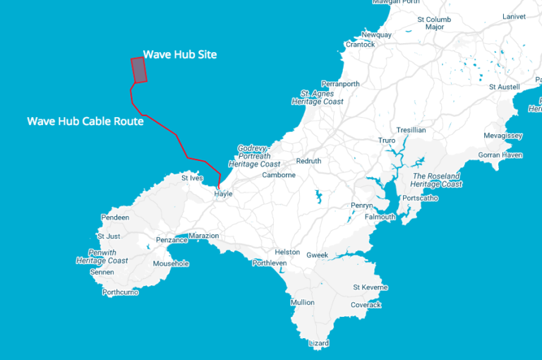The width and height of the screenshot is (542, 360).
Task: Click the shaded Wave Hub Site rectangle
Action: pyautogui.click(x=139, y=70)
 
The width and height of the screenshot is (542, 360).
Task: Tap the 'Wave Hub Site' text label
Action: pyautogui.click(x=179, y=54)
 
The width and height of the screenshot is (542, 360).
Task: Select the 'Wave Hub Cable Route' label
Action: pyautogui.click(x=85, y=121)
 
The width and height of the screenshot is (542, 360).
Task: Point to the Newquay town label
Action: pyautogui.click(x=376, y=35)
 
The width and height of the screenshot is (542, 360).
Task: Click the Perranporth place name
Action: pyautogui.click(x=339, y=83)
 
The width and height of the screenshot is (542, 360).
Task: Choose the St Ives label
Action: pyautogui.click(x=192, y=178)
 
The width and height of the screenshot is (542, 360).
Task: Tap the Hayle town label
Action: pyautogui.click(x=223, y=193)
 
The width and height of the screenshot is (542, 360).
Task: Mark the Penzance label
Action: pyautogui.click(x=171, y=240)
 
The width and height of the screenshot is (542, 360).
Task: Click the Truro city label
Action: pyautogui.click(x=387, y=140)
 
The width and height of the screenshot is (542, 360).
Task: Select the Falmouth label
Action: pyautogui.click(x=380, y=217)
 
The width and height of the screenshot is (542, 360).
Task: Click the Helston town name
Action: pyautogui.click(x=287, y=252)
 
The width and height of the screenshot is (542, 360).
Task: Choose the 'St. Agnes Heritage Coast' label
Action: pyautogui.click(x=318, y=97)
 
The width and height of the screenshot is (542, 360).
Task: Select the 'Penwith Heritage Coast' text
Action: pyautogui.click(x=102, y=256)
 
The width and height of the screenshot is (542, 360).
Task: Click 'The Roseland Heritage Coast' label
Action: pyautogui.click(x=436, y=180)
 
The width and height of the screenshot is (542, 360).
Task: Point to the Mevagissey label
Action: pyautogui.click(x=503, y=136)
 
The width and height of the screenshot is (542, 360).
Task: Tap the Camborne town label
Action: pyautogui.click(x=278, y=174)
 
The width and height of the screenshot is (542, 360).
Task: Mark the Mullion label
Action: pyautogui.click(x=302, y=302)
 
